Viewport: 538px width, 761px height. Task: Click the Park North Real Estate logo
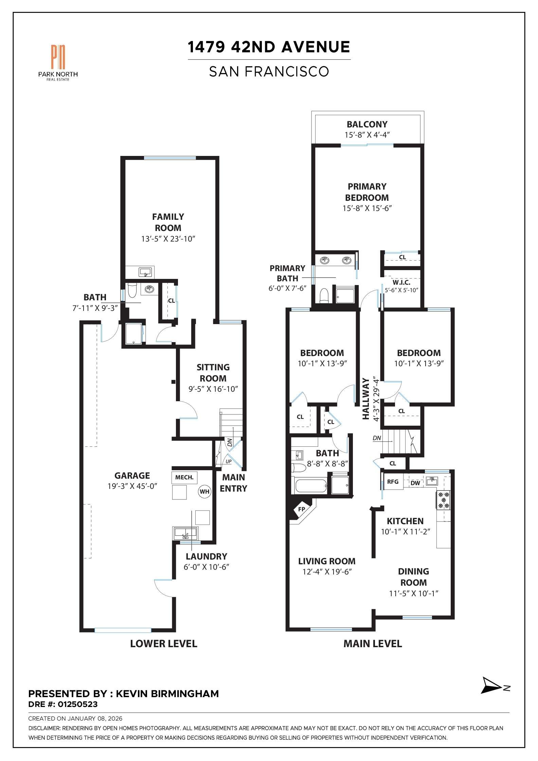[58, 63]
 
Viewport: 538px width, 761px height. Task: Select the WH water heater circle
[204, 491]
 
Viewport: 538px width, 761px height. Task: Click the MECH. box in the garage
[184, 477]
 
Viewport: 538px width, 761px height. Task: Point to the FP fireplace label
[301, 509]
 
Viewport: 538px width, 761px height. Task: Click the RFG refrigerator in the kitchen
[393, 482]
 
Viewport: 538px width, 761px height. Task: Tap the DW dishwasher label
[415, 483]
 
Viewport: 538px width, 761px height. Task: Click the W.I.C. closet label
[401, 282]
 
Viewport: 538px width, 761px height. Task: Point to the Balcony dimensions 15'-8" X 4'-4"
[367, 135]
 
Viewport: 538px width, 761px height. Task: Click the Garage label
[132, 476]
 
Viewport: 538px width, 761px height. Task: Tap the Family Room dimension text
[168, 239]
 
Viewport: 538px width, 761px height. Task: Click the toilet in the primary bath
[324, 295]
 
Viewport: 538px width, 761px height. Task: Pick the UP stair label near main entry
[229, 461]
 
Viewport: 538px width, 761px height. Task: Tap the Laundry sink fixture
[185, 533]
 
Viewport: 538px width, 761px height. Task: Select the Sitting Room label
[213, 373]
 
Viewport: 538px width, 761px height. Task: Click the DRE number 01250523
[77, 704]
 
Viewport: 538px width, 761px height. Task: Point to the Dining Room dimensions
[414, 594]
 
